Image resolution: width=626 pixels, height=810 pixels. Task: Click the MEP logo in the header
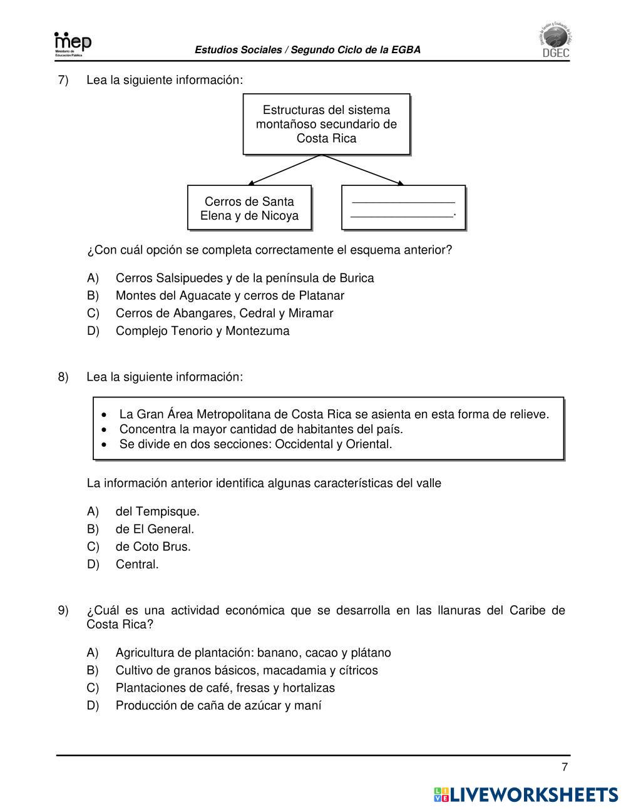(73, 44)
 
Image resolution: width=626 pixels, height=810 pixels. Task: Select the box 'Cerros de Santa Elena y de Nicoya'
(249, 208)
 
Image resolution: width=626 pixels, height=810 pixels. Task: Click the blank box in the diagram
(403, 208)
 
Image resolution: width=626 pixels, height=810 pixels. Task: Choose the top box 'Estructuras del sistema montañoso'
(326, 124)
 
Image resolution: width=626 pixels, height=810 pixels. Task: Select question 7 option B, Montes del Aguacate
(230, 295)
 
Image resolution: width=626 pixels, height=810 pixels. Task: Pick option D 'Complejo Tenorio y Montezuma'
(202, 331)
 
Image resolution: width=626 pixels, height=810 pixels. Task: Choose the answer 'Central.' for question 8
(137, 564)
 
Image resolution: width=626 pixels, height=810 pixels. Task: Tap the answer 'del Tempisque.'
(157, 511)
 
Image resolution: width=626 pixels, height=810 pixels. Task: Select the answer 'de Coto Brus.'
(153, 546)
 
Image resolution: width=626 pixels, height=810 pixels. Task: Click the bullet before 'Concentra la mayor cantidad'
(105, 429)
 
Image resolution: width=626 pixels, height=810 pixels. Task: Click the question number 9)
(63, 610)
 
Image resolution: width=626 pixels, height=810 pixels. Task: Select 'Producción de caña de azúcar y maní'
(218, 705)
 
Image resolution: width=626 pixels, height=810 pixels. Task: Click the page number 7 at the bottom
(565, 767)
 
